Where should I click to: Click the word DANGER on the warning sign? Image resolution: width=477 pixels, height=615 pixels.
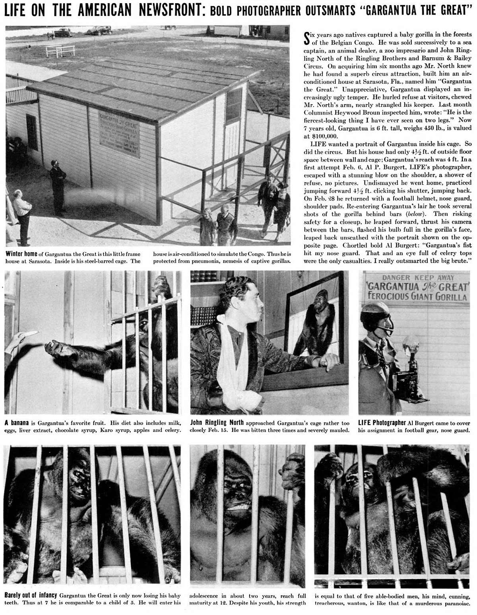[x=397, y=278]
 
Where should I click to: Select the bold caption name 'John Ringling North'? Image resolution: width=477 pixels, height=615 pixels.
[x=216, y=422]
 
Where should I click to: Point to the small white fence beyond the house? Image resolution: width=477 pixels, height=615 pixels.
[x=60, y=50]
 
